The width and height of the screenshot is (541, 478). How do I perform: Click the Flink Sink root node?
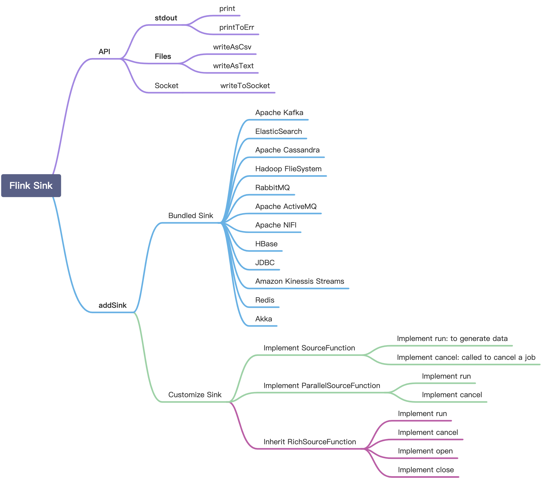tap(31, 185)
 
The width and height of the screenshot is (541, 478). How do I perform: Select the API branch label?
tap(104, 52)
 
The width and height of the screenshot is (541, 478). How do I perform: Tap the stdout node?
tap(166, 18)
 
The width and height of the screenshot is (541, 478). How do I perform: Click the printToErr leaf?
tap(236, 27)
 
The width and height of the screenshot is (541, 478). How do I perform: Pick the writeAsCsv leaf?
tap(232, 47)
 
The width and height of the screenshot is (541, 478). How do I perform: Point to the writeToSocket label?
tap(245, 86)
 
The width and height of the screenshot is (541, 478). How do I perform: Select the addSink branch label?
tap(112, 305)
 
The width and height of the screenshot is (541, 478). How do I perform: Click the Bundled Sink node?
tap(190, 215)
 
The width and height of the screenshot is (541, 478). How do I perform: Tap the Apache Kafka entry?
tap(279, 113)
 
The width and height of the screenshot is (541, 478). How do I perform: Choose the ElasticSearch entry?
tap(278, 132)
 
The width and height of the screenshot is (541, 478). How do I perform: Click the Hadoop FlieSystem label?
tap(288, 169)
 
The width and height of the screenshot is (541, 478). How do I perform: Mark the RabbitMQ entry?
tap(272, 187)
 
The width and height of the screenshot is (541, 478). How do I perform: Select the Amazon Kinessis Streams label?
tap(300, 281)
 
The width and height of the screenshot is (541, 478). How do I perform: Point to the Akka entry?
tap(263, 319)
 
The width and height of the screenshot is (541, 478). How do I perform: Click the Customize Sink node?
tap(195, 395)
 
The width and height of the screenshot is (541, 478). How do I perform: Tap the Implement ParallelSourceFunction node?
tap(322, 385)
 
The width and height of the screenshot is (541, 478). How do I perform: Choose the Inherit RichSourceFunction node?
tap(310, 442)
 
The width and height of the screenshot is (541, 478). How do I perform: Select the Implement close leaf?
tap(426, 470)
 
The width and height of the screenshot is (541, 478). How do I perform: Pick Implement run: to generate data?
tap(452, 339)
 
